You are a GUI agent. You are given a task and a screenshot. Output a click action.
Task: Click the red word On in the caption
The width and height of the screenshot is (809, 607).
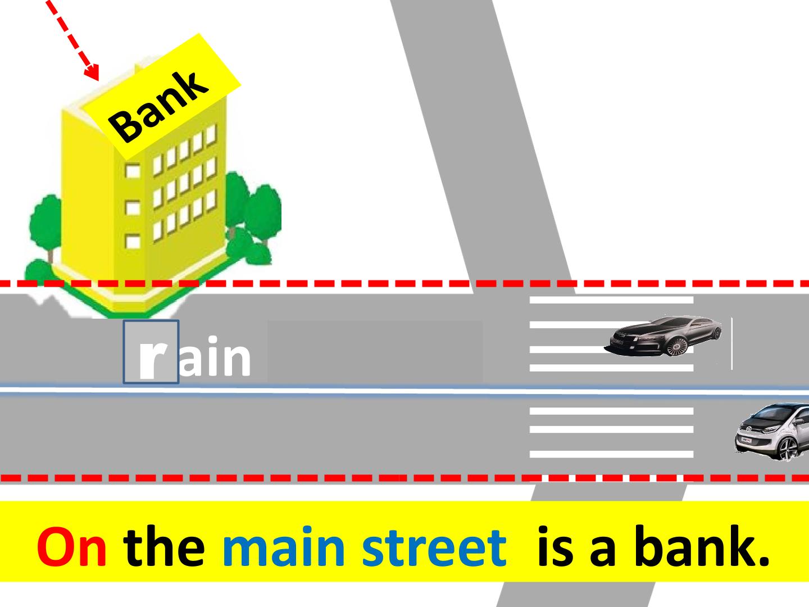click(x=71, y=546)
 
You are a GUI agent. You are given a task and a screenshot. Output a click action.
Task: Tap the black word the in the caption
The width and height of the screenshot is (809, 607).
click(x=163, y=545)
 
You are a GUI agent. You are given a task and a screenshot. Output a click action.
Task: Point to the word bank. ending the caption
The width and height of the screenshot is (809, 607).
click(x=702, y=545)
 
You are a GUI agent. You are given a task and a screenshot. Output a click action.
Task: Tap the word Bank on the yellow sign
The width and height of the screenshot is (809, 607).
click(x=158, y=107)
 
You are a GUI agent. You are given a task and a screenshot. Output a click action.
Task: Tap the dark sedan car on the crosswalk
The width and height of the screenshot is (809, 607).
click(x=663, y=336)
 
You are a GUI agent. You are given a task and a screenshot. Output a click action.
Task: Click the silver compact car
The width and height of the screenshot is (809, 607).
click(x=772, y=432)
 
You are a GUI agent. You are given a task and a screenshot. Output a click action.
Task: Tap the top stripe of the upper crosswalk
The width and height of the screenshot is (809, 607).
click(x=611, y=300)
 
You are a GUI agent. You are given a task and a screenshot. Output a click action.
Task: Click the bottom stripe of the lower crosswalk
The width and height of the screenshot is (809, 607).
click(x=611, y=454)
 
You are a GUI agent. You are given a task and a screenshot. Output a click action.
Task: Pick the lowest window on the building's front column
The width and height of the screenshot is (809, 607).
click(x=133, y=242)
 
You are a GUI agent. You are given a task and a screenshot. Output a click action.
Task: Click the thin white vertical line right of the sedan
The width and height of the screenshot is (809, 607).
click(x=731, y=343)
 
